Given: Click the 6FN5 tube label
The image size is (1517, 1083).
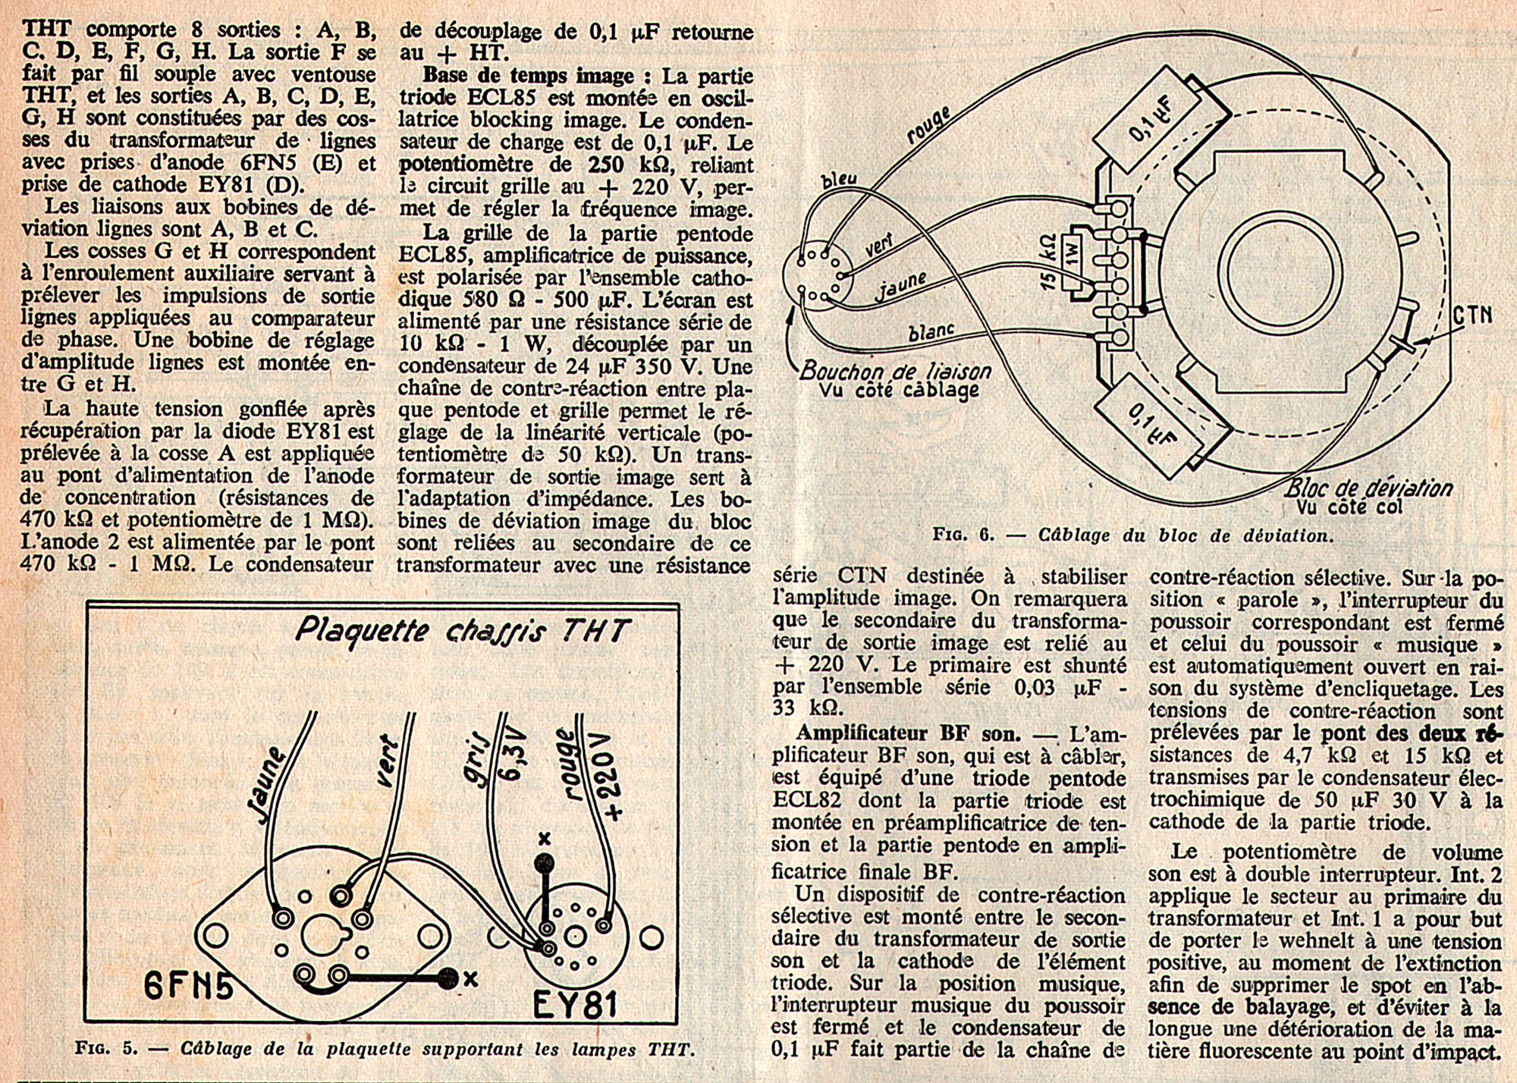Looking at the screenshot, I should [x=188, y=986].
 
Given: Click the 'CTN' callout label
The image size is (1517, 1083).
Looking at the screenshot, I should [x=1471, y=315].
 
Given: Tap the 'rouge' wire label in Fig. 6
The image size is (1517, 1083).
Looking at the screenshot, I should [x=930, y=125].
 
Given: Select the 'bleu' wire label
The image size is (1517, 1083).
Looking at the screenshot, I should [x=840, y=179].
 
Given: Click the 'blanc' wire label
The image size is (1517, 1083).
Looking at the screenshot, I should [x=930, y=332].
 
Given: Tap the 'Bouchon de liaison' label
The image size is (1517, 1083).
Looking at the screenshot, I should [x=895, y=371].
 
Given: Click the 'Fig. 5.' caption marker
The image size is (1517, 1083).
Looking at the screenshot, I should [x=106, y=1049].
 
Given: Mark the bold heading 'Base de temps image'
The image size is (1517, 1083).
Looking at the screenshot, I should [x=528, y=76].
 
